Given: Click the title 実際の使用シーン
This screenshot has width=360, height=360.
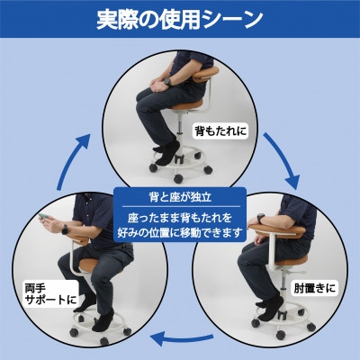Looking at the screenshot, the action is (x=180, y=20).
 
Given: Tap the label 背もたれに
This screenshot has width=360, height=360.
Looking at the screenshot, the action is (x=221, y=130).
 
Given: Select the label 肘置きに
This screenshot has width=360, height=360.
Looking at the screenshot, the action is (x=314, y=288).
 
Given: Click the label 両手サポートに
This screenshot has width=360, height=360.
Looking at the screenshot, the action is (x=50, y=294).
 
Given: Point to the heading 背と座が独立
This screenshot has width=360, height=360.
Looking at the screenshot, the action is (x=180, y=197).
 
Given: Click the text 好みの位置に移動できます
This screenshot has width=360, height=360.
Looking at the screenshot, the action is (x=180, y=232).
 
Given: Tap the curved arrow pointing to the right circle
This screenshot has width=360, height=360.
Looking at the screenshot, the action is (x=283, y=160).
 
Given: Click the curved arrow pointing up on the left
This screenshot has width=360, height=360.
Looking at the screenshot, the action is (x=73, y=161).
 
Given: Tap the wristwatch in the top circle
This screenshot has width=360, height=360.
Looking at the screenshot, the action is (x=167, y=81).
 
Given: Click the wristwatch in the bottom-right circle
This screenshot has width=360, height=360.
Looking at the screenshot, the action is (x=261, y=218).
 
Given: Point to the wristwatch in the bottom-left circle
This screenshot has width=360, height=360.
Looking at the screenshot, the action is (x=65, y=229).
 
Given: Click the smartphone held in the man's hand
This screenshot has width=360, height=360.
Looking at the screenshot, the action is (x=45, y=218).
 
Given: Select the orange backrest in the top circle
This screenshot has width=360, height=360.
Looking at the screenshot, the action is (x=206, y=74).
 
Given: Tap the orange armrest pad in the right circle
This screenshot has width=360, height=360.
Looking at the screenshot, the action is (x=277, y=230).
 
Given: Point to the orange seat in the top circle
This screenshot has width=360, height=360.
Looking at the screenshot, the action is (x=187, y=105).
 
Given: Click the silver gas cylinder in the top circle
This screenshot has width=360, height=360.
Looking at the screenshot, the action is (x=181, y=124).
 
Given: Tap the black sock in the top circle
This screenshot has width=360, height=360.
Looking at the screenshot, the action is (x=167, y=152).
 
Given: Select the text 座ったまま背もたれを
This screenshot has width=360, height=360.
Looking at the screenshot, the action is (x=180, y=218).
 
